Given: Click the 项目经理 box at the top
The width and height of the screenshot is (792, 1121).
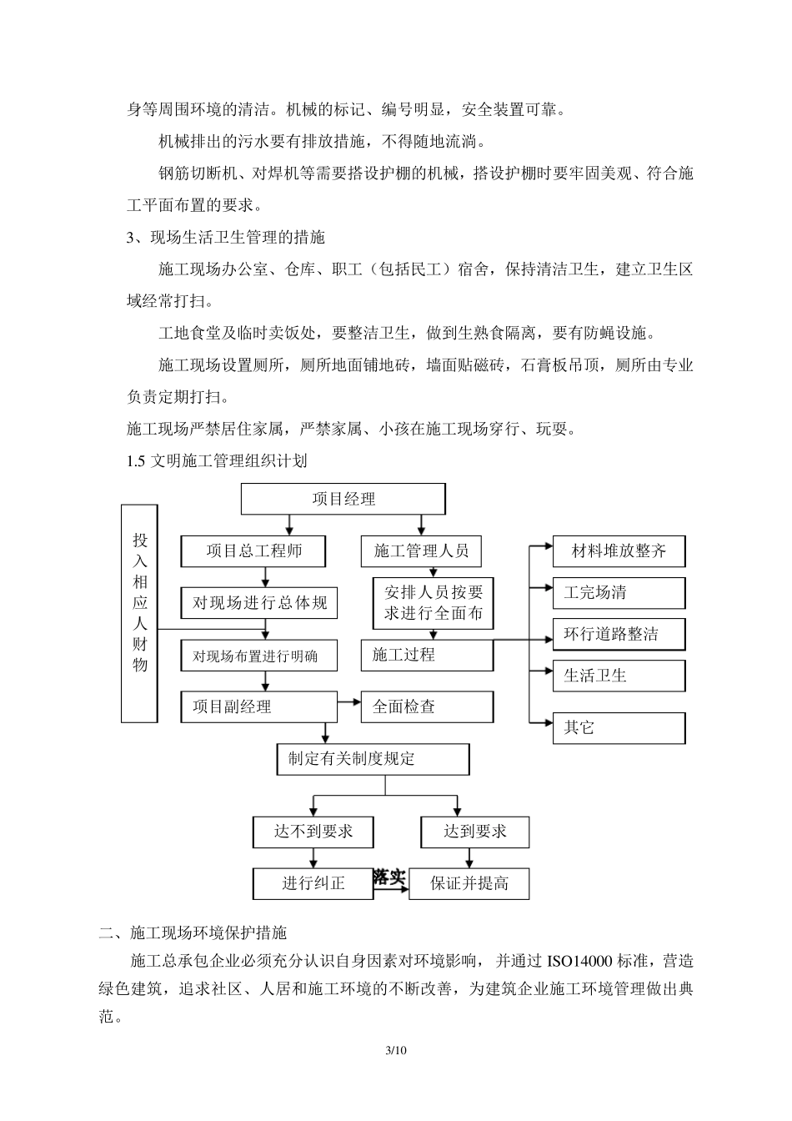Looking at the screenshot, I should tap(343, 499).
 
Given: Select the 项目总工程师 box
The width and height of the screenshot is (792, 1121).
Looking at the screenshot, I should tap(253, 550).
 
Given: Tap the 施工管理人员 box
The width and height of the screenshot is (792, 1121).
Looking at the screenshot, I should tap(421, 550).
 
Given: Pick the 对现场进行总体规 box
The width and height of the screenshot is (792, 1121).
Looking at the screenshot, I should tap(260, 602).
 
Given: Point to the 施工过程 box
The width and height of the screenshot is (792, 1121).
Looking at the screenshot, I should tap(427, 655).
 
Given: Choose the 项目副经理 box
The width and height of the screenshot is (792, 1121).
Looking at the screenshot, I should tap(259, 706).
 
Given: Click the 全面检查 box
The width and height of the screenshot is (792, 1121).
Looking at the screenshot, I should tap(427, 706).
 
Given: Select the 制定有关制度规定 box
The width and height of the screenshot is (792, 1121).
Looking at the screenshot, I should tap(373, 759).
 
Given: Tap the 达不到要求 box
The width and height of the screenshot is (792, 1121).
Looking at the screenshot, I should tap(313, 832).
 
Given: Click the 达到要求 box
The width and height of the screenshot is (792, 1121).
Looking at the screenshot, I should tap(475, 832).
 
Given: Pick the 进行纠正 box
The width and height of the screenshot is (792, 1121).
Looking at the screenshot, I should tap(313, 883).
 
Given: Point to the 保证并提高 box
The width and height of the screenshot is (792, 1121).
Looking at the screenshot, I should tap(469, 883).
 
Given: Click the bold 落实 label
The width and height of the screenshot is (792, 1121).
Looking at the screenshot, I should tap(389, 877).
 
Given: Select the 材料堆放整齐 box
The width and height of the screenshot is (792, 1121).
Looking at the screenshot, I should tap(619, 550).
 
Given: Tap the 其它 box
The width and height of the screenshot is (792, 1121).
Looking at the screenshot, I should tap(619, 728).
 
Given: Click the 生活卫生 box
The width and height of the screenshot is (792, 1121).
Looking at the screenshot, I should tap(619, 676).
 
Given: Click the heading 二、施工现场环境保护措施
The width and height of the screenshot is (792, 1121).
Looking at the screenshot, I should tap(193, 932).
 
